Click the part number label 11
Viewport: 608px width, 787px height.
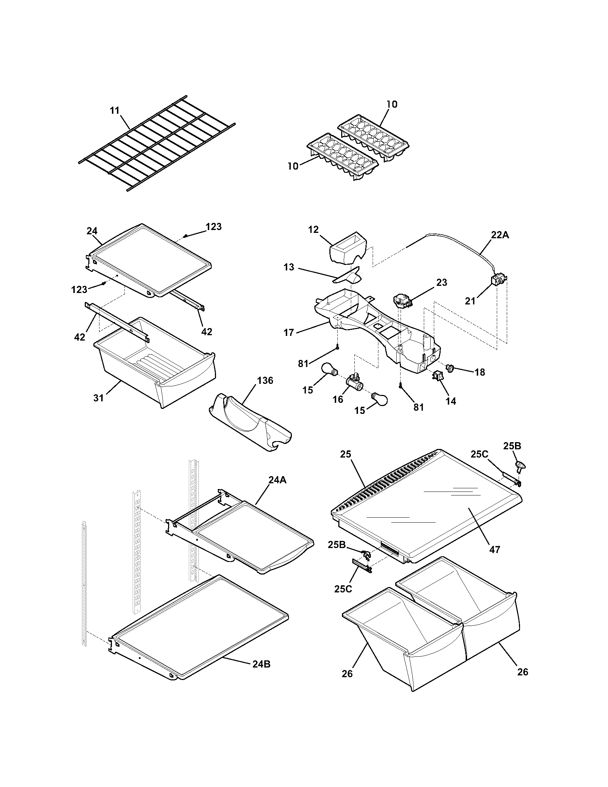click(x=114, y=110)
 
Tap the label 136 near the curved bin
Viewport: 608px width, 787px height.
click(x=265, y=381)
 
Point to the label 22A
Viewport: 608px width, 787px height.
click(x=500, y=235)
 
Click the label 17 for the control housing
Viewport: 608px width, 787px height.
click(x=289, y=332)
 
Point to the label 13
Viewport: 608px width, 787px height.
click(x=289, y=267)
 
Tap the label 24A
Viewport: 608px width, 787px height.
click(x=277, y=480)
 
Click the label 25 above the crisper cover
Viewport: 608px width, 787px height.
click(x=345, y=454)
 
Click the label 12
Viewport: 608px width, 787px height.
click(x=313, y=230)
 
